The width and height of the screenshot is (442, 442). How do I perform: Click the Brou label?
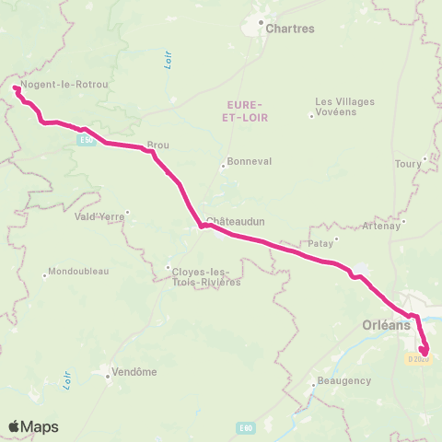tap(157, 145)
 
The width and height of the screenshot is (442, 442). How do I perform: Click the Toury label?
tap(405, 164)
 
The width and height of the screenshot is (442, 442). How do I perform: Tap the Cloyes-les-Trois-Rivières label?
tap(204, 275)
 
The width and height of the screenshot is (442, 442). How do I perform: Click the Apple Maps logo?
tap(34, 426)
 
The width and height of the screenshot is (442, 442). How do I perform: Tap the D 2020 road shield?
tap(418, 358)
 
